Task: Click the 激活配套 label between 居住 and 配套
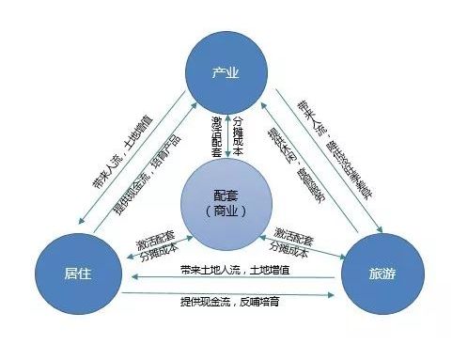point(156,235)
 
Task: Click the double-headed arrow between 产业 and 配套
point(226,132)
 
